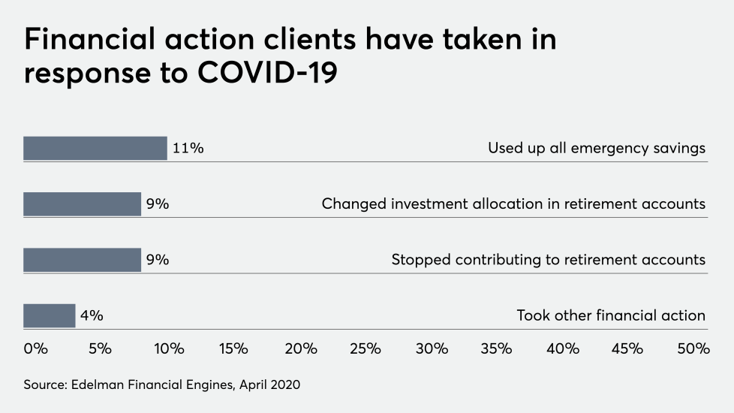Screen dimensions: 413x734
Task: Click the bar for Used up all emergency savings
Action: click(x=95, y=148)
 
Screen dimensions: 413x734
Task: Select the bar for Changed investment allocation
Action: click(x=82, y=203)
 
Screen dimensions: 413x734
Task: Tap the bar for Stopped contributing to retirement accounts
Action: click(x=82, y=260)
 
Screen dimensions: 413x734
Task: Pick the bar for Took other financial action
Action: click(x=50, y=315)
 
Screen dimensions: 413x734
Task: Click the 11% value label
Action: click(x=188, y=148)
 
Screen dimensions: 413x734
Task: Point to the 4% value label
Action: click(x=92, y=315)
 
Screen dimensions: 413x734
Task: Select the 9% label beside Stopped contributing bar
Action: click(x=157, y=260)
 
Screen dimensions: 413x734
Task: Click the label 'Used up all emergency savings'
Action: click(x=597, y=148)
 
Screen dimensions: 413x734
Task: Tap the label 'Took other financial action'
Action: click(x=611, y=315)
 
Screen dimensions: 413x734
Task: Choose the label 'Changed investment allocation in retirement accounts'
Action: click(x=513, y=203)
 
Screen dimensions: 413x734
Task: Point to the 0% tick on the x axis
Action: click(x=35, y=348)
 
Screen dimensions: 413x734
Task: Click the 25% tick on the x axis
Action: click(x=365, y=348)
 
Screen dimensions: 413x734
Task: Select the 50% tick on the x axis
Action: click(x=693, y=348)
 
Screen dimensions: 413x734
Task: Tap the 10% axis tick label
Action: click(x=169, y=348)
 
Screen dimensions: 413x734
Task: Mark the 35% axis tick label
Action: click(x=496, y=348)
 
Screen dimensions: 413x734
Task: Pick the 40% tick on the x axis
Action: click(x=562, y=348)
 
